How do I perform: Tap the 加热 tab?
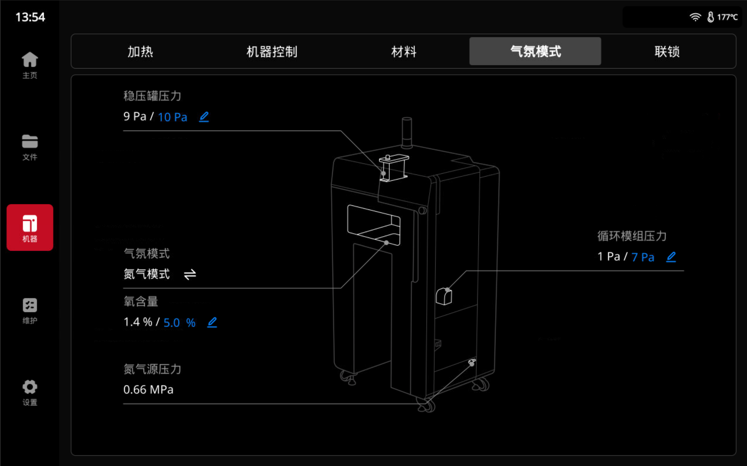140,51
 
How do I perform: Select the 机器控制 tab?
272,51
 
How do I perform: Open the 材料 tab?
404,51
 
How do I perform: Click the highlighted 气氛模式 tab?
535,51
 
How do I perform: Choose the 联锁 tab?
667,51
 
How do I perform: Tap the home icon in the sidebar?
30,59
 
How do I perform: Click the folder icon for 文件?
30,142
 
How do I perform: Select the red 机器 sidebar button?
30,227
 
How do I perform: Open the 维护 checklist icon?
30,305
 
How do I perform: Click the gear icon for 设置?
30,387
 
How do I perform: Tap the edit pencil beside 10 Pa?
204,117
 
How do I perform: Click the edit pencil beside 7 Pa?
671,257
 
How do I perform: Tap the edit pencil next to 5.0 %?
212,322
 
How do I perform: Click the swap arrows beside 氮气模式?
190,274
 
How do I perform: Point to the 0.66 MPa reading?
148,389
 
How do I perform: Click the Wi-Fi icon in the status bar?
695,17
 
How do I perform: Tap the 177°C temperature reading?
727,17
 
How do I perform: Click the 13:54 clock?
30,17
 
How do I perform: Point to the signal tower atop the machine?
407,133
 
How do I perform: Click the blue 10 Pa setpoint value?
172,117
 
